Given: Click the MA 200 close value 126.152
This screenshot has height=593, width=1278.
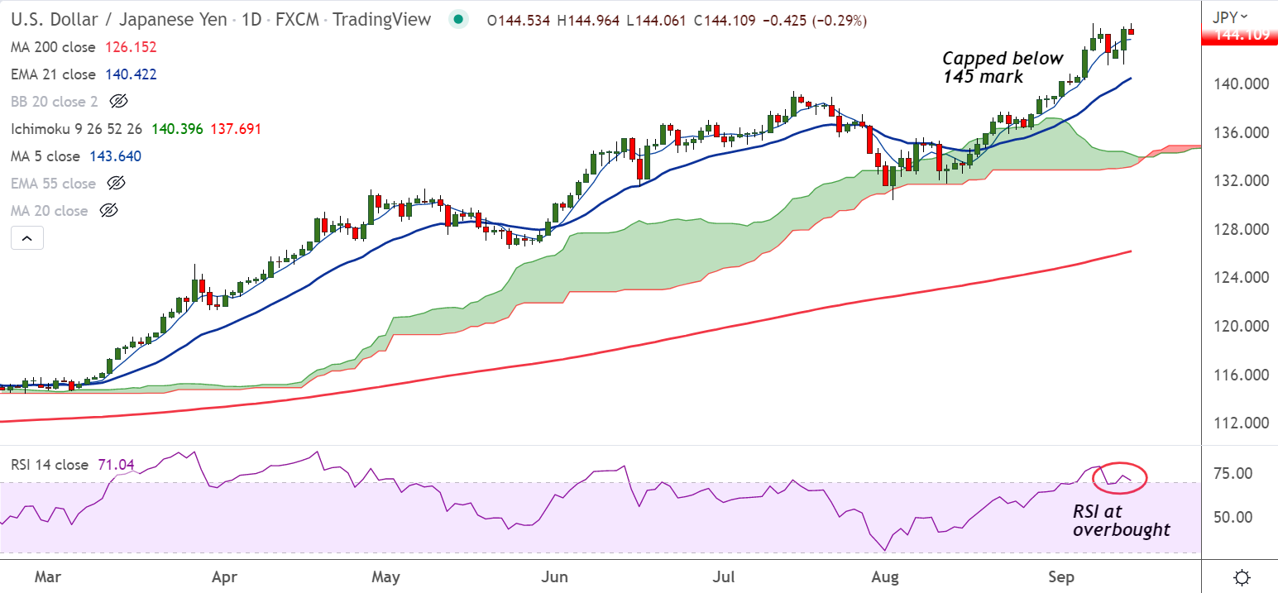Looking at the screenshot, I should (x=131, y=47).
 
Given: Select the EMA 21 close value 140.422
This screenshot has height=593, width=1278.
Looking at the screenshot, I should (x=131, y=74).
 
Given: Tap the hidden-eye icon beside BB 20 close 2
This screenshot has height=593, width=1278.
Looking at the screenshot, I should (x=118, y=102).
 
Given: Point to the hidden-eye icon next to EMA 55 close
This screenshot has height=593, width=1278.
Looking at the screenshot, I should (x=117, y=184).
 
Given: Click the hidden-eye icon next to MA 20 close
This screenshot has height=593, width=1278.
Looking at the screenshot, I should (x=109, y=211).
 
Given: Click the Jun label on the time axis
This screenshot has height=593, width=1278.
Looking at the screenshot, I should (x=556, y=576).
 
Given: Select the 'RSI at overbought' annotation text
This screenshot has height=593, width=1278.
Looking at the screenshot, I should (x=1121, y=521).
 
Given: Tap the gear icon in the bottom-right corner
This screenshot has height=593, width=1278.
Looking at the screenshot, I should (x=1241, y=576).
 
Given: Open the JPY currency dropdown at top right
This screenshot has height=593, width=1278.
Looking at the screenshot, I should (x=1230, y=17).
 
